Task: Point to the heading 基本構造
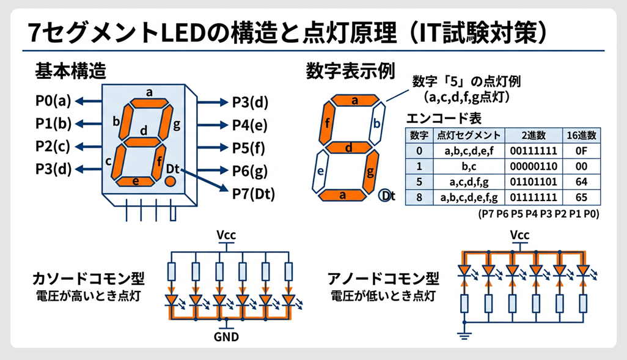pos(71,71)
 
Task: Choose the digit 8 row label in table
pos(419,197)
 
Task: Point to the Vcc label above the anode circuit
pos(520,235)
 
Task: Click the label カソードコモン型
pos(89,280)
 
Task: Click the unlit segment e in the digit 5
pos(319,171)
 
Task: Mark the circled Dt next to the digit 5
pos(387,196)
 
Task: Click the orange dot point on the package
pos(170,182)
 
